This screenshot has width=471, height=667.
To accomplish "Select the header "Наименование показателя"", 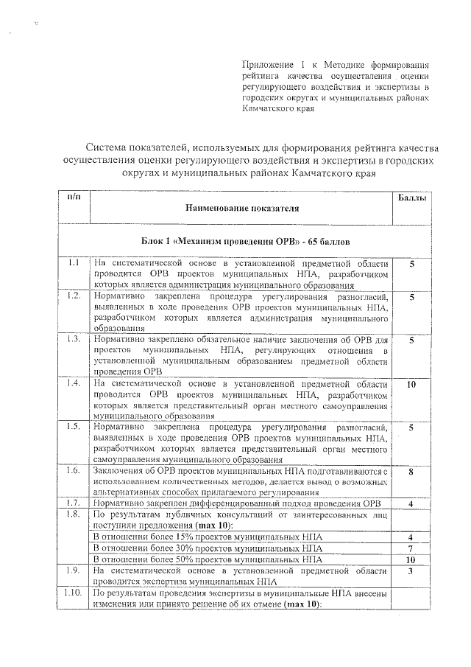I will coord(242,209).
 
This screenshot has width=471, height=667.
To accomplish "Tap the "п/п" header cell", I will coord(74,198).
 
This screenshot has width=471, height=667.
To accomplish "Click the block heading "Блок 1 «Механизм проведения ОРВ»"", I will coord(241,241).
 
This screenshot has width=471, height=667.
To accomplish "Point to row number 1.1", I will coord(74,262).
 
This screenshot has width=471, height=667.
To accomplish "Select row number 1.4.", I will coord(74,384).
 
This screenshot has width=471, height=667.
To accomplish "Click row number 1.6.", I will coord(74,471).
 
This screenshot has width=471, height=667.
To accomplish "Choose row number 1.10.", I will coord(74,593).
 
